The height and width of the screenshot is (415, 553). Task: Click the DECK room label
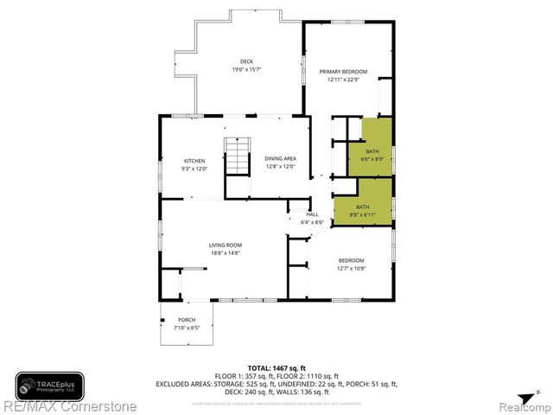pyautogui.click(x=246, y=61)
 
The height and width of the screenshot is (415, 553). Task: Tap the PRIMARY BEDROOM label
pyautogui.click(x=343, y=71)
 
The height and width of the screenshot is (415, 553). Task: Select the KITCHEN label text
pyautogui.click(x=194, y=161)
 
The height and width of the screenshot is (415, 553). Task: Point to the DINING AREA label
pyautogui.click(x=280, y=158)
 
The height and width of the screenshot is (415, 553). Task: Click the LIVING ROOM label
pyautogui.click(x=225, y=246)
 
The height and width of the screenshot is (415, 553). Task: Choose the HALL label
pyautogui.click(x=312, y=214)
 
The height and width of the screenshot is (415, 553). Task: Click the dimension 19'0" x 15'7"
pyautogui.click(x=246, y=69)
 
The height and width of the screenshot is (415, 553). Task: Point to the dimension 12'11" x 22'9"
pyautogui.click(x=343, y=80)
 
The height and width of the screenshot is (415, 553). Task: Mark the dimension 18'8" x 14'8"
pyautogui.click(x=225, y=253)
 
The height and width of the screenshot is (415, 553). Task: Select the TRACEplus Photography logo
pyautogui.click(x=49, y=385)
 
